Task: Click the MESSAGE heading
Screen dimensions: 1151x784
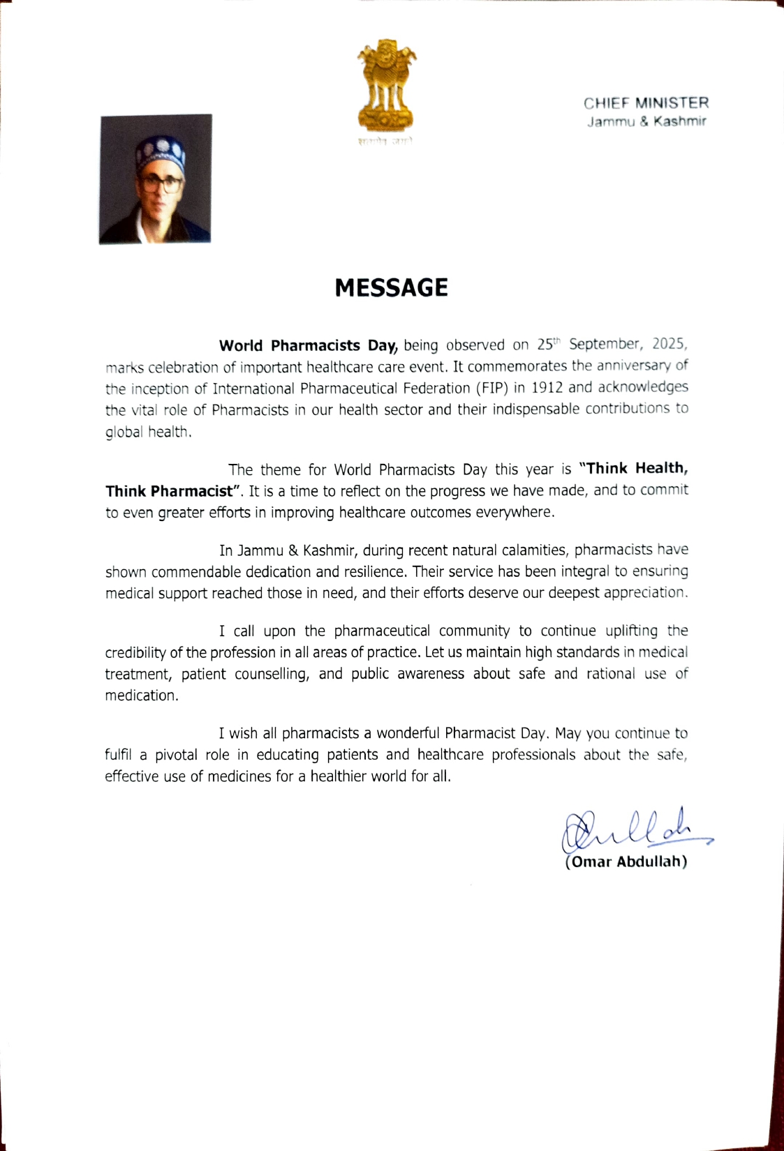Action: [x=391, y=287]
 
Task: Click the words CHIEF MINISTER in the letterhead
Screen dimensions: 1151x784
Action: [x=646, y=103]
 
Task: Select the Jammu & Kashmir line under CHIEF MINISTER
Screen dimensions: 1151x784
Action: [x=646, y=121]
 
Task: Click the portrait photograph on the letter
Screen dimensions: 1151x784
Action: [x=155, y=179]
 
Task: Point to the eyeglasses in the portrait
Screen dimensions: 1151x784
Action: [x=161, y=185]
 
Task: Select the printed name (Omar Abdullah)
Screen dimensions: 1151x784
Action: [x=626, y=862]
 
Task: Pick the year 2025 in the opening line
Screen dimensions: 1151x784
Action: [x=670, y=344]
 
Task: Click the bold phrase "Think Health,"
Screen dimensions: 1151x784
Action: [x=634, y=468]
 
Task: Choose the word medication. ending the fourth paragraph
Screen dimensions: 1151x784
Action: [x=142, y=695]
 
